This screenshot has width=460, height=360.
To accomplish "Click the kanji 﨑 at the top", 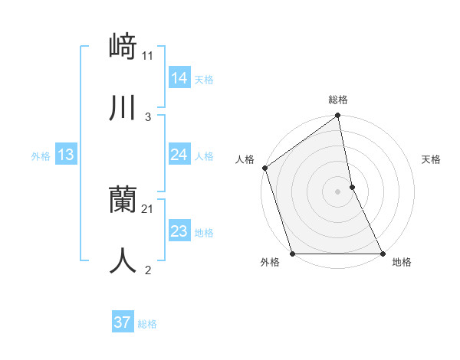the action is coord(123,47).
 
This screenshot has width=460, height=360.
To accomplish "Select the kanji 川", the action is coord(123,108).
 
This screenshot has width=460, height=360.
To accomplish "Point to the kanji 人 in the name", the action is coord(123,260).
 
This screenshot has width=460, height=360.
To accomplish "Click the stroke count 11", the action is coord(148,56).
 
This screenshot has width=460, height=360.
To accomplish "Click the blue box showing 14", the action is coord(179,78).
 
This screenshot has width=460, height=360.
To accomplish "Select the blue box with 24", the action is coord(179,155).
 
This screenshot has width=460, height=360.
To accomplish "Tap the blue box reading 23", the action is coord(179,231).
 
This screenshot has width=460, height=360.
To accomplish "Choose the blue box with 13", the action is coord(65,155).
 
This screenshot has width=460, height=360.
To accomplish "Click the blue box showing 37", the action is coord(122,322).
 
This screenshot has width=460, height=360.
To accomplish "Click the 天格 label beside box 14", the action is coord(204,80).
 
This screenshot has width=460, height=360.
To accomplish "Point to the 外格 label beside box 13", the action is coord(41,156).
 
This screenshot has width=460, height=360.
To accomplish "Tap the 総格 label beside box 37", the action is coord(147,324).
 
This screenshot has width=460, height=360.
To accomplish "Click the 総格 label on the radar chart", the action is coord(338,100).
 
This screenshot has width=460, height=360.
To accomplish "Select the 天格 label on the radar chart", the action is coord(431,159).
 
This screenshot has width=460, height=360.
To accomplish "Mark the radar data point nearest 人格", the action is coord(264,168).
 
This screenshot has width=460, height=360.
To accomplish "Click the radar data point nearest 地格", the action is coord(383,254).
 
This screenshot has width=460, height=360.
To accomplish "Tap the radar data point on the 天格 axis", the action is coord(352,187).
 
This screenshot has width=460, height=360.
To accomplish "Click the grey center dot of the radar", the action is coord(337,191).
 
